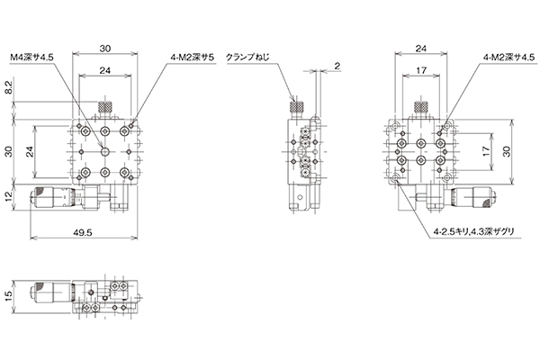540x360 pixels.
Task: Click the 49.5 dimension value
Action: [x=83, y=232]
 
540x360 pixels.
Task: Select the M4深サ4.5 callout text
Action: [x=31, y=58]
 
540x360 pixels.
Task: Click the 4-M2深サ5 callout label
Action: [x=193, y=58]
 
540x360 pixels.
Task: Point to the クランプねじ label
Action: [x=247, y=58]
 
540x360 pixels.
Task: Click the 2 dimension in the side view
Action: [x=337, y=66]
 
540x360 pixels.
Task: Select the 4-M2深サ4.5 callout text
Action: [x=509, y=58]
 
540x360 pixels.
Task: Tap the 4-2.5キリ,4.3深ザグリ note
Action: [x=474, y=232]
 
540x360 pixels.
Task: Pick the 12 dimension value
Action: [x=9, y=195]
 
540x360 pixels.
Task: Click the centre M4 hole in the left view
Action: [x=105, y=151]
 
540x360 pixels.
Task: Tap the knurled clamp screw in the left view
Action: [x=105, y=108]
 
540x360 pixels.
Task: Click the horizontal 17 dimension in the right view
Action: [x=421, y=70]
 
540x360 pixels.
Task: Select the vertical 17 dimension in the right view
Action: [x=486, y=151]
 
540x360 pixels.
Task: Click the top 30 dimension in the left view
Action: [x=105, y=49]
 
